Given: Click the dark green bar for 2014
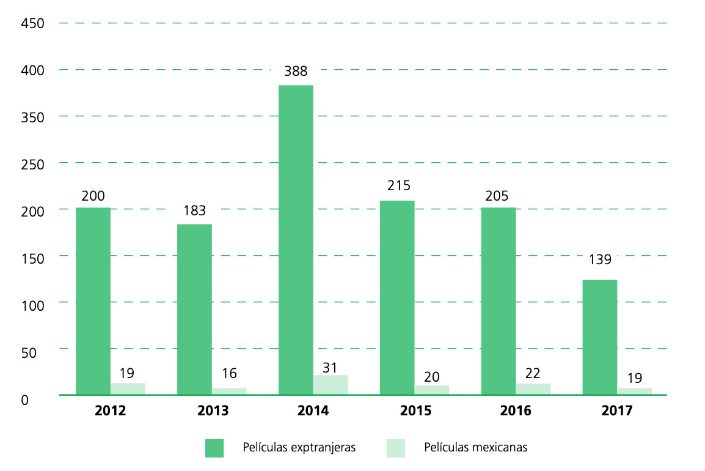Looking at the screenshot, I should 296,240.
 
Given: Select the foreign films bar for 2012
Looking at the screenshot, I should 93,301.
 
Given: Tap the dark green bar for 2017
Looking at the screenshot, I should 599,337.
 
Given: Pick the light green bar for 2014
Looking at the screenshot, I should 331,385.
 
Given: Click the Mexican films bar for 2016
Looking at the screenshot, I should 533,389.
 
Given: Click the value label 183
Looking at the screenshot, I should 195,210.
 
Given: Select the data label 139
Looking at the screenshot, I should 599,259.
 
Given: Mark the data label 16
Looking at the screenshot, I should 229,373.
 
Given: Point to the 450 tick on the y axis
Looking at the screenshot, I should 32,24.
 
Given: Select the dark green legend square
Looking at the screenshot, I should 214,448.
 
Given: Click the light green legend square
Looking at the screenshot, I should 396,448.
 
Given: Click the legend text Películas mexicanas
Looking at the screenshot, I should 475,448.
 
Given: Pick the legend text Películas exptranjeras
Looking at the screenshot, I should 299,448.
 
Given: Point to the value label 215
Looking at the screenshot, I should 398,186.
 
